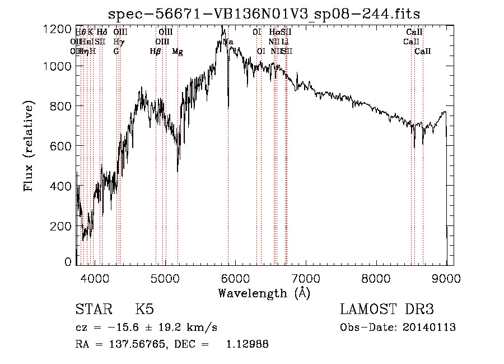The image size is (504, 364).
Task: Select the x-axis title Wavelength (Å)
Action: pos(264,292)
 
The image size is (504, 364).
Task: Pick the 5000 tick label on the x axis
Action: pos(165,278)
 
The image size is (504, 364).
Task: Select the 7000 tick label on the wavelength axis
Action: pos(306,278)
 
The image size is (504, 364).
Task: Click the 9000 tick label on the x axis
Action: pos(446,278)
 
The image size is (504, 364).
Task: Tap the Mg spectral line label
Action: pos(178,52)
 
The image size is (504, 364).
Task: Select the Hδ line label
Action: pos(102,33)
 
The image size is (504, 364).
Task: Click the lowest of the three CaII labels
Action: pos(423,52)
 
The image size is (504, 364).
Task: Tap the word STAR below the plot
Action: pos(94,310)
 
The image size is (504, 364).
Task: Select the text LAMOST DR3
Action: pos(387,310)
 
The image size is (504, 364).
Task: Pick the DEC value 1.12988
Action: pos(246,344)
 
